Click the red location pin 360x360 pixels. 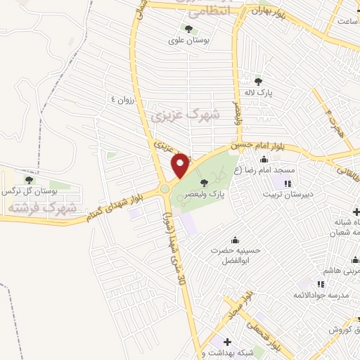coord(180,166)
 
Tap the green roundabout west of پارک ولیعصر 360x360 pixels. coord(165,188)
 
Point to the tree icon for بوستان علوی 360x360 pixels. coord(188,29)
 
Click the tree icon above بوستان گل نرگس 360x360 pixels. coord(29,180)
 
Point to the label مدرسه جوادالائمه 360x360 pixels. coord(325,296)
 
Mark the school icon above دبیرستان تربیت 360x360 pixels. coord(287,184)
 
